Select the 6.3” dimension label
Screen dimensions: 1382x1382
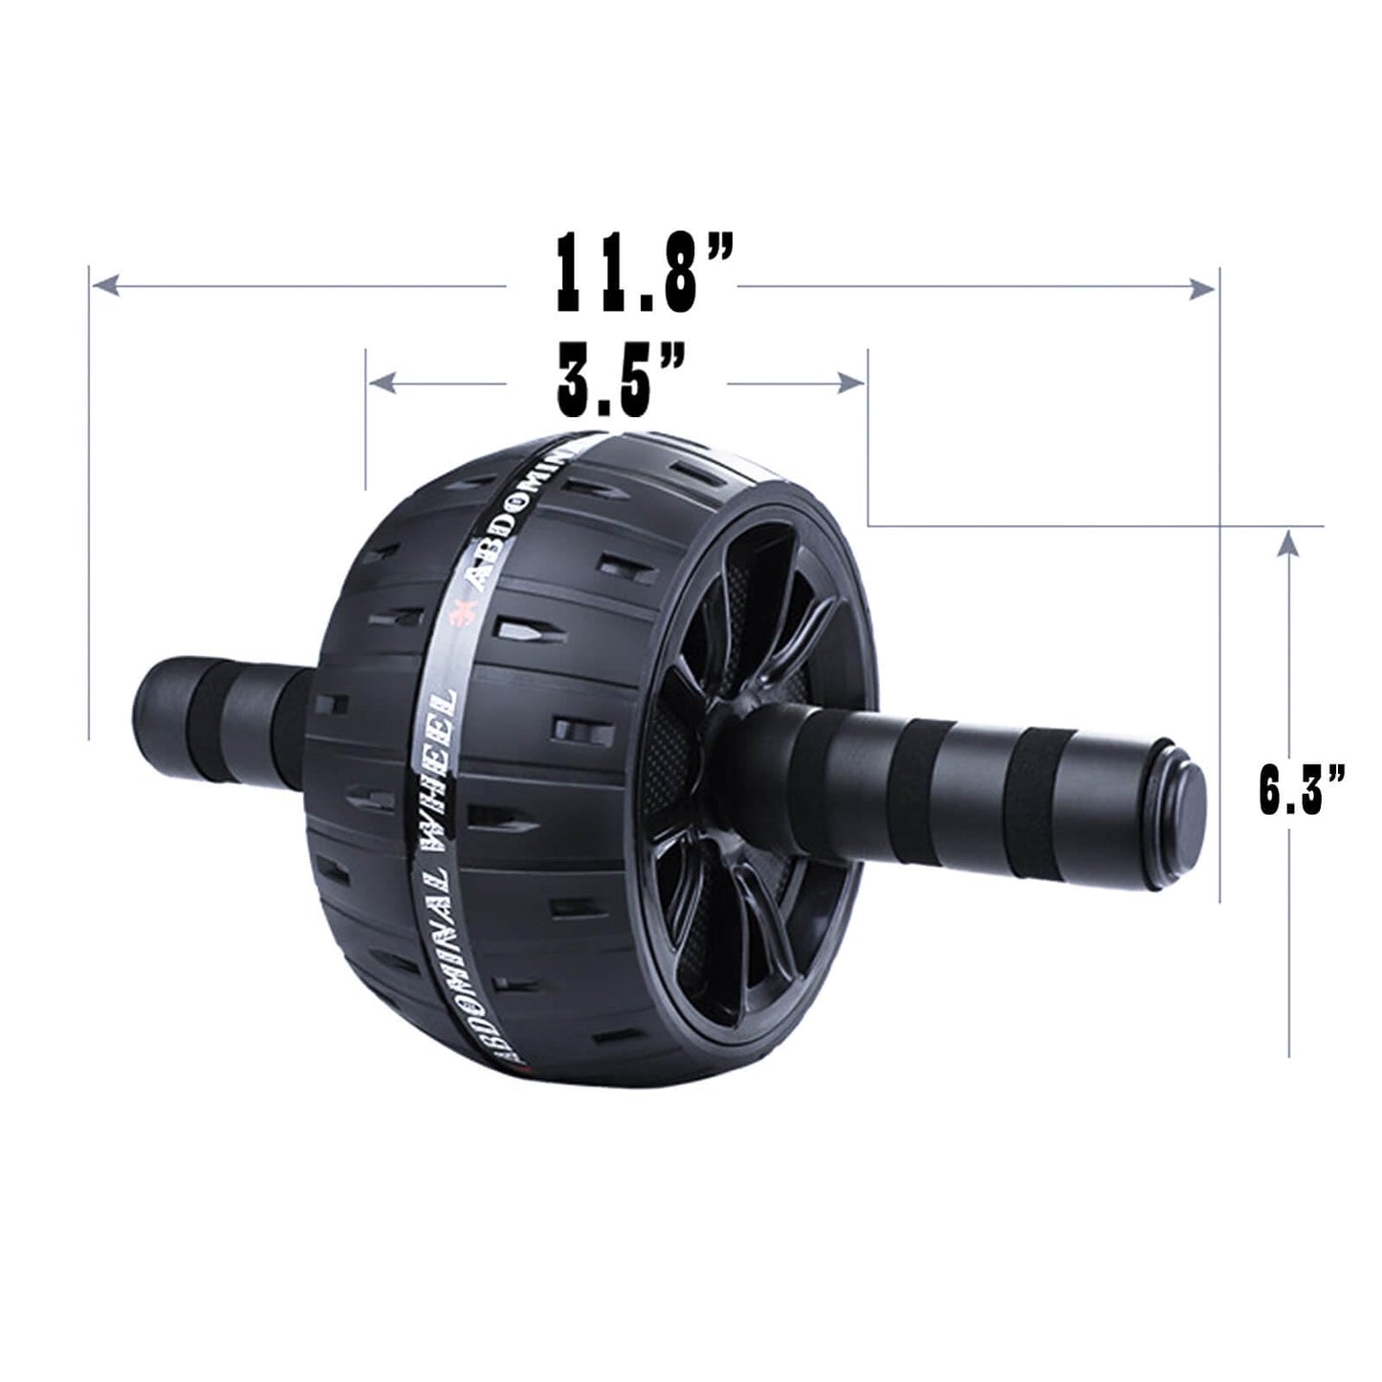(x=1301, y=789)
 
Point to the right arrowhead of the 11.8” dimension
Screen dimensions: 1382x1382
(x=1202, y=288)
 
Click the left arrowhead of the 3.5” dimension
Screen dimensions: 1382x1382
(x=383, y=384)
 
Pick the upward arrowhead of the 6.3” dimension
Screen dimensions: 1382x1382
(x=1289, y=544)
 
